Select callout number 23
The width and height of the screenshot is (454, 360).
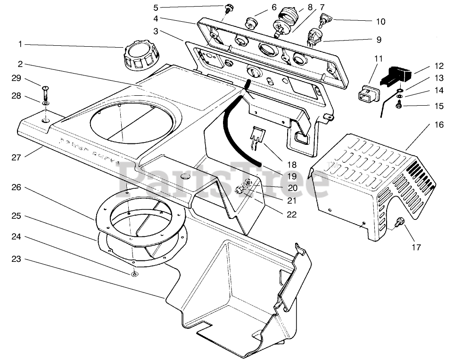click(x=17, y=260)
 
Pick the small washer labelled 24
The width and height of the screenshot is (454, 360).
click(x=135, y=274)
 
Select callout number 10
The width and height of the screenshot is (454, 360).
click(x=380, y=21)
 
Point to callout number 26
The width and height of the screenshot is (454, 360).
click(x=17, y=187)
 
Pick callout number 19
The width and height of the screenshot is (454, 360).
click(x=291, y=176)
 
